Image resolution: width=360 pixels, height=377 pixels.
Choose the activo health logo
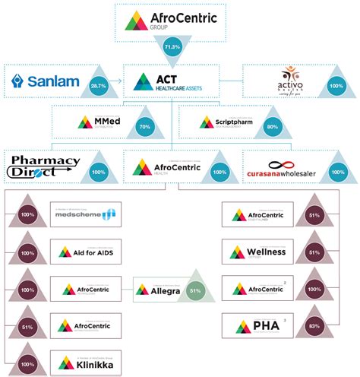(291, 81)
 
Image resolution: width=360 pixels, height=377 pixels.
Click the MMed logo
(96, 122)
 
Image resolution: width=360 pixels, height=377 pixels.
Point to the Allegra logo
(157, 290)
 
